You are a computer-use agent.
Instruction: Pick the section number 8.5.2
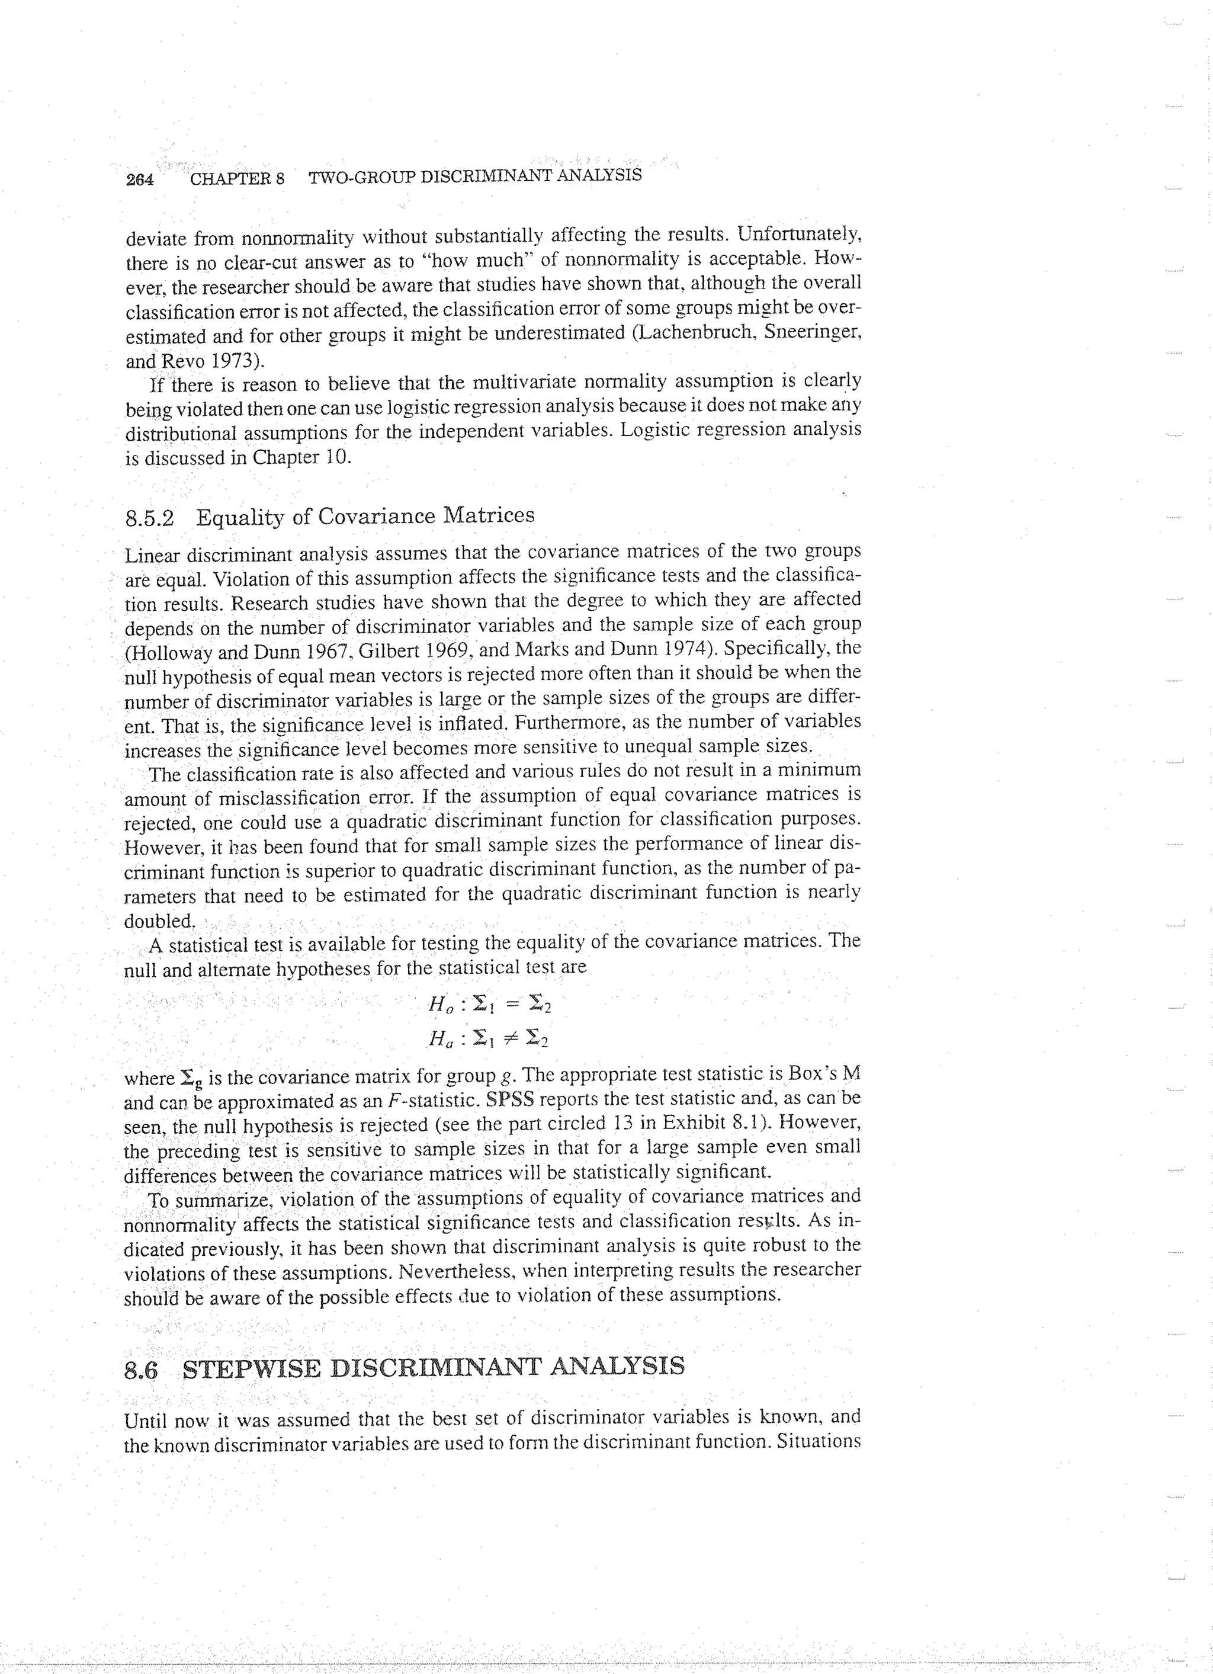coord(150,518)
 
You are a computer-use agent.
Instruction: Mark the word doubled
coord(159,921)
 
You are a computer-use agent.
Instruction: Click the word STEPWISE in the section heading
coord(251,1367)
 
